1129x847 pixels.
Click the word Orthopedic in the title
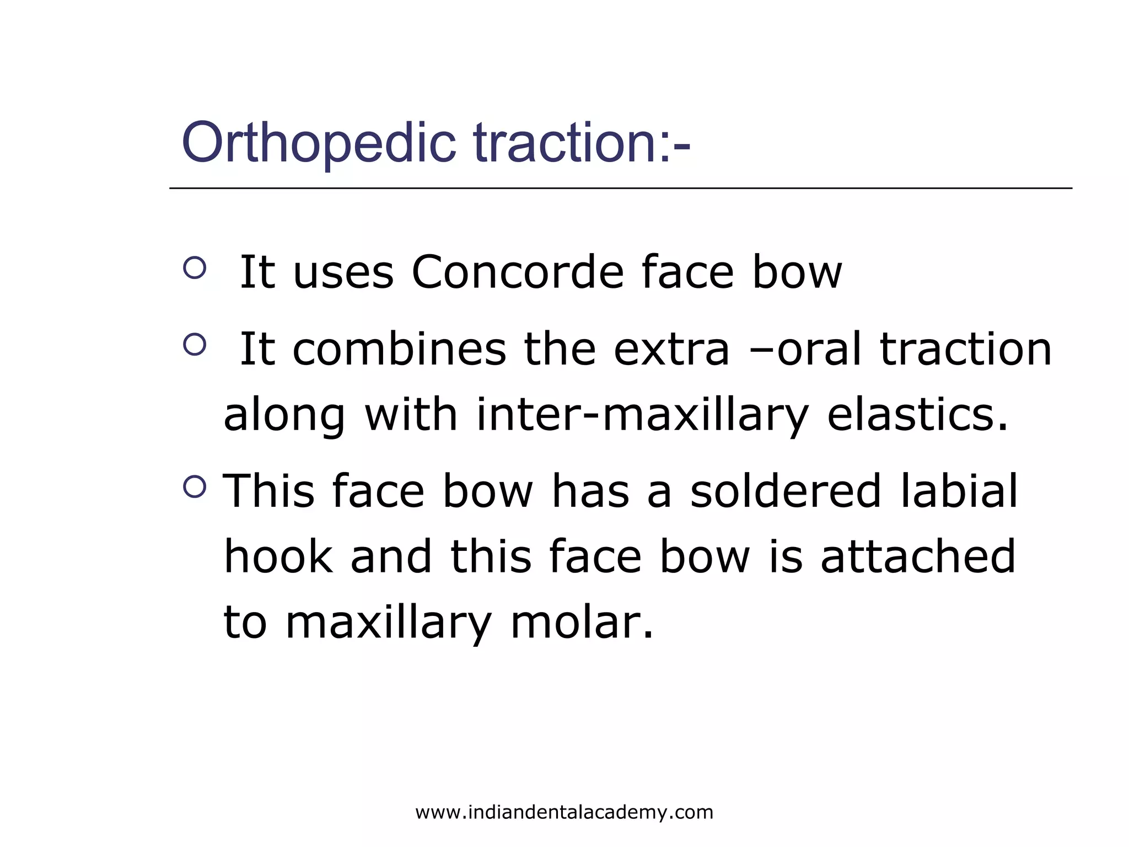tap(318, 143)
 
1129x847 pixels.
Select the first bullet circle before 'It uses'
tap(194, 268)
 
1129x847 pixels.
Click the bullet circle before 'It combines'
tap(194, 345)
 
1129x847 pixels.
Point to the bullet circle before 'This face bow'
tap(194, 486)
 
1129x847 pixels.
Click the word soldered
tap(785, 491)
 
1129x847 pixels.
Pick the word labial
tap(959, 491)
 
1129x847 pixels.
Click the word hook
tap(278, 557)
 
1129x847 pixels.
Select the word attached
tap(918, 557)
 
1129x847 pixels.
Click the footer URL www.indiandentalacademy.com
tap(564, 812)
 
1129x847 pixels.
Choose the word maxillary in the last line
tap(388, 623)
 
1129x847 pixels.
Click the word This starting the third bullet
tap(268, 491)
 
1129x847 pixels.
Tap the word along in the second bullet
tap(284, 415)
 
